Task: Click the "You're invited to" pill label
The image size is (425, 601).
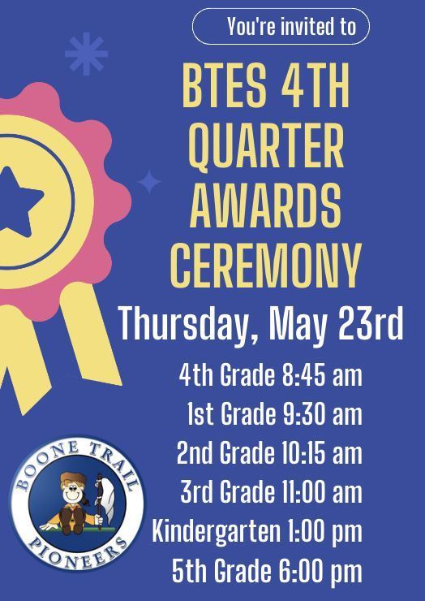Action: (x=281, y=27)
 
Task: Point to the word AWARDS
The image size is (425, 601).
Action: (x=265, y=205)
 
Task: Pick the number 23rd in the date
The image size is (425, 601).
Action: (x=369, y=323)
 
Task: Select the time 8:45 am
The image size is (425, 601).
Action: (x=322, y=376)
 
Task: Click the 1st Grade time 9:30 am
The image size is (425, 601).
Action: (x=322, y=414)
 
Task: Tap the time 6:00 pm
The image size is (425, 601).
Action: (x=322, y=571)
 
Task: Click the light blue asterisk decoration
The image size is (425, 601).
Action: (x=86, y=54)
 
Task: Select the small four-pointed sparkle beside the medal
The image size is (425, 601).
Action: (x=149, y=182)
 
